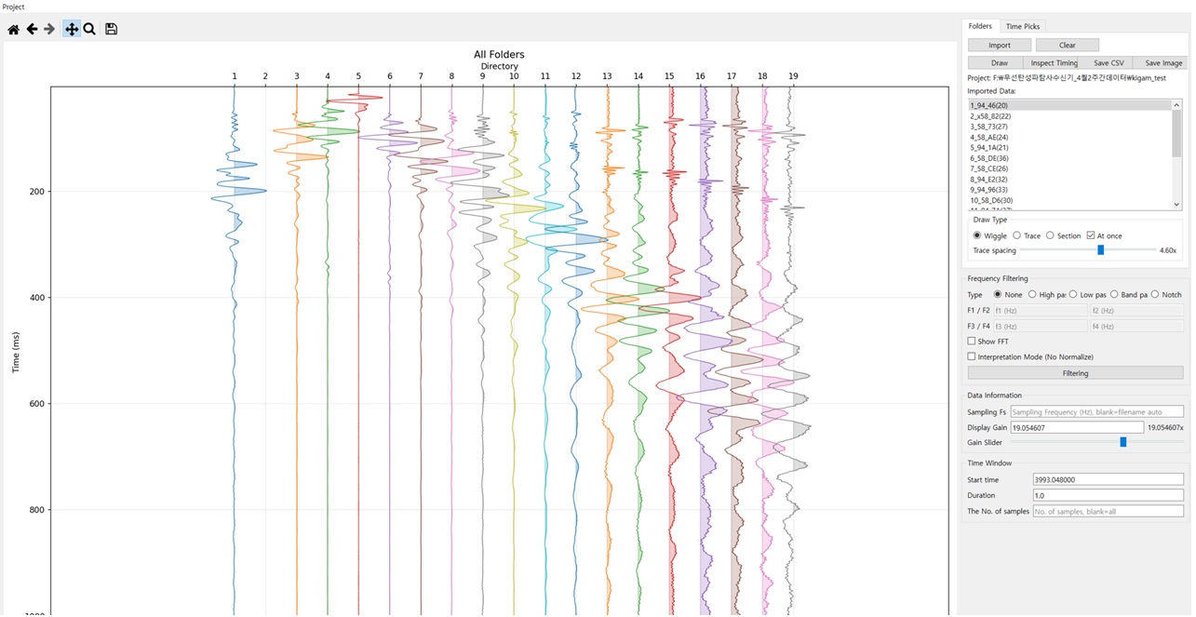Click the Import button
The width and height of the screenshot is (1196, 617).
click(x=999, y=46)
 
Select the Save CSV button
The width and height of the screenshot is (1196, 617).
click(x=1109, y=63)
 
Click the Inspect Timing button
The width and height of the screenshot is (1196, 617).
click(x=1054, y=63)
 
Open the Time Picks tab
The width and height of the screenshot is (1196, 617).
click(x=1023, y=26)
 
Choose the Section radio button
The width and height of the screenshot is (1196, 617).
click(x=1050, y=235)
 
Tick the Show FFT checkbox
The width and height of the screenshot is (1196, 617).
click(x=971, y=341)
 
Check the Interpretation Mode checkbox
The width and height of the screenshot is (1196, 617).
click(x=971, y=356)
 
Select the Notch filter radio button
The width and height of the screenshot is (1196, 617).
click(x=1155, y=295)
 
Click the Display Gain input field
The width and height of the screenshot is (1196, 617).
click(x=1076, y=427)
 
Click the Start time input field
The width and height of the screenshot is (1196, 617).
click(x=1108, y=479)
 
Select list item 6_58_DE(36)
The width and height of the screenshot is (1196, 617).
click(x=989, y=158)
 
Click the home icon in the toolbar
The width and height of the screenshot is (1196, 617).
click(x=13, y=30)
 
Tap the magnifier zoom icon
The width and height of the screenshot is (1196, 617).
click(x=89, y=30)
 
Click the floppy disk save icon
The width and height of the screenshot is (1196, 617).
click(x=111, y=30)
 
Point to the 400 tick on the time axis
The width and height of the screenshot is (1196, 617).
click(x=37, y=297)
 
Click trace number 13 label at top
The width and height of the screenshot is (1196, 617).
click(x=607, y=76)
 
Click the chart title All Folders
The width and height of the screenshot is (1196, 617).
click(x=499, y=54)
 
